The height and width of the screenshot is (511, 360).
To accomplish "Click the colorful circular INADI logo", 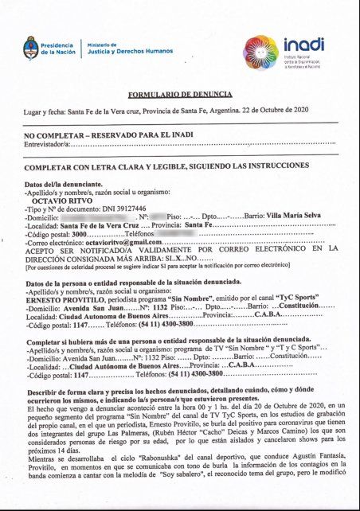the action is pyautogui.click(x=261, y=52).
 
